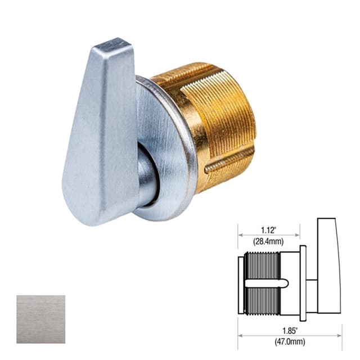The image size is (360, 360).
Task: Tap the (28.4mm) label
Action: pyautogui.click(x=268, y=241)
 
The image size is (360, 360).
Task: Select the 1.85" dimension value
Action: pyautogui.click(x=289, y=325)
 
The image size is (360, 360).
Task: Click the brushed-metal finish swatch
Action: pyautogui.click(x=40, y=319)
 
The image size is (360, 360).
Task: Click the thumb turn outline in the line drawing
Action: pyautogui.click(x=328, y=264)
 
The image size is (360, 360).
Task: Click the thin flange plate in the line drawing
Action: pyautogui.click(x=303, y=281)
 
